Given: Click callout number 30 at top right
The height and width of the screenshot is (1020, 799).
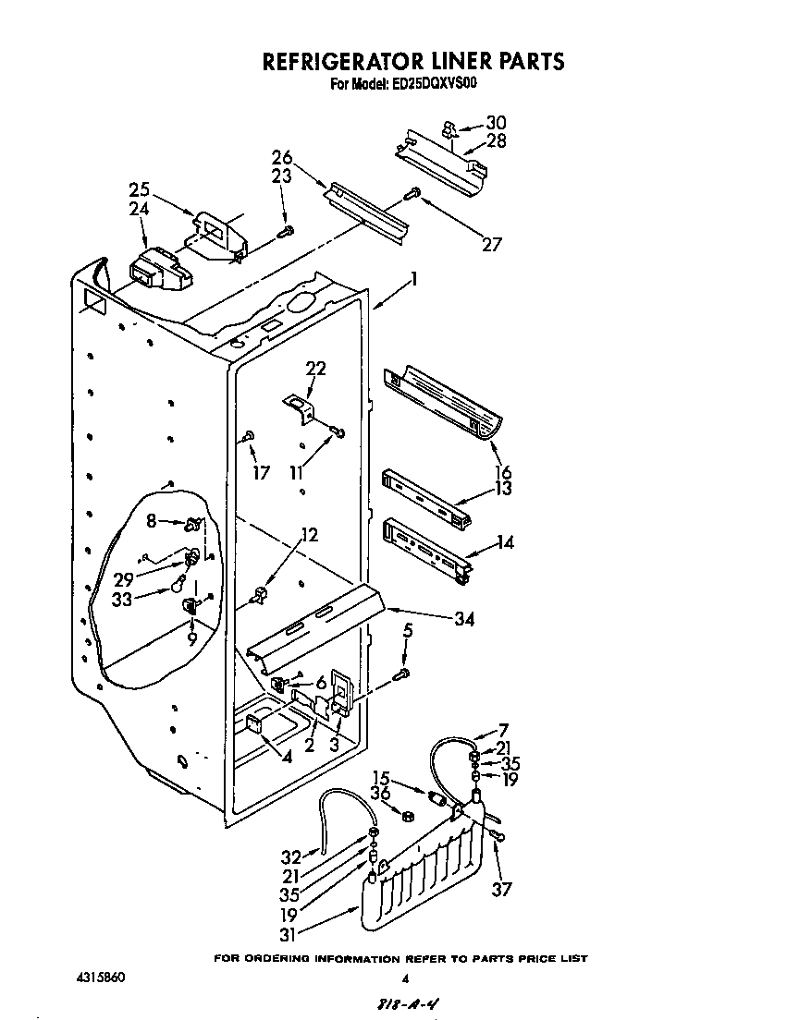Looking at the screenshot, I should (496, 123).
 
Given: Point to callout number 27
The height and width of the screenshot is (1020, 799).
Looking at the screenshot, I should (491, 244).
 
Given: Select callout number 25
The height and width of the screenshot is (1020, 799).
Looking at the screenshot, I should (139, 190).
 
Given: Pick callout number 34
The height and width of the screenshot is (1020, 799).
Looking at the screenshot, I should (463, 619).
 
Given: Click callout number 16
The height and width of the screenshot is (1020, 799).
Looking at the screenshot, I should (502, 472).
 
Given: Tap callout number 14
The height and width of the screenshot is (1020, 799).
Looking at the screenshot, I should (504, 543).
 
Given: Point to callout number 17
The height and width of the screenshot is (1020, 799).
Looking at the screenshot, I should (262, 473).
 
